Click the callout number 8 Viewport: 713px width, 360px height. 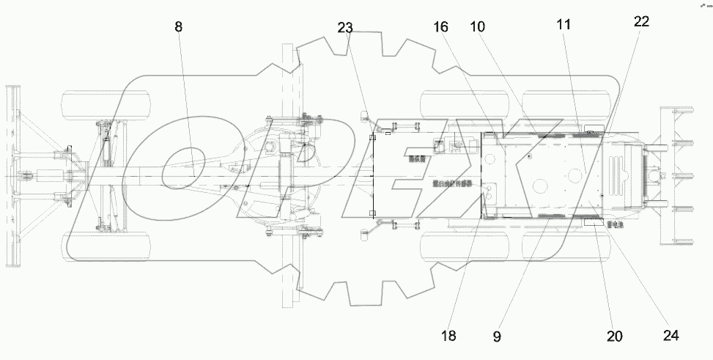click(x=179, y=26)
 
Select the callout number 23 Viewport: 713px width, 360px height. click(x=345, y=28)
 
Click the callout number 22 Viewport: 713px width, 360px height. click(x=640, y=23)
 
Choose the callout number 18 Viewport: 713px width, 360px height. click(x=448, y=336)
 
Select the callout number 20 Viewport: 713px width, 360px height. click(x=614, y=336)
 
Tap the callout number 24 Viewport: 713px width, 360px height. click(x=671, y=336)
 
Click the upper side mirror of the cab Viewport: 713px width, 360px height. click(x=364, y=116)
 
